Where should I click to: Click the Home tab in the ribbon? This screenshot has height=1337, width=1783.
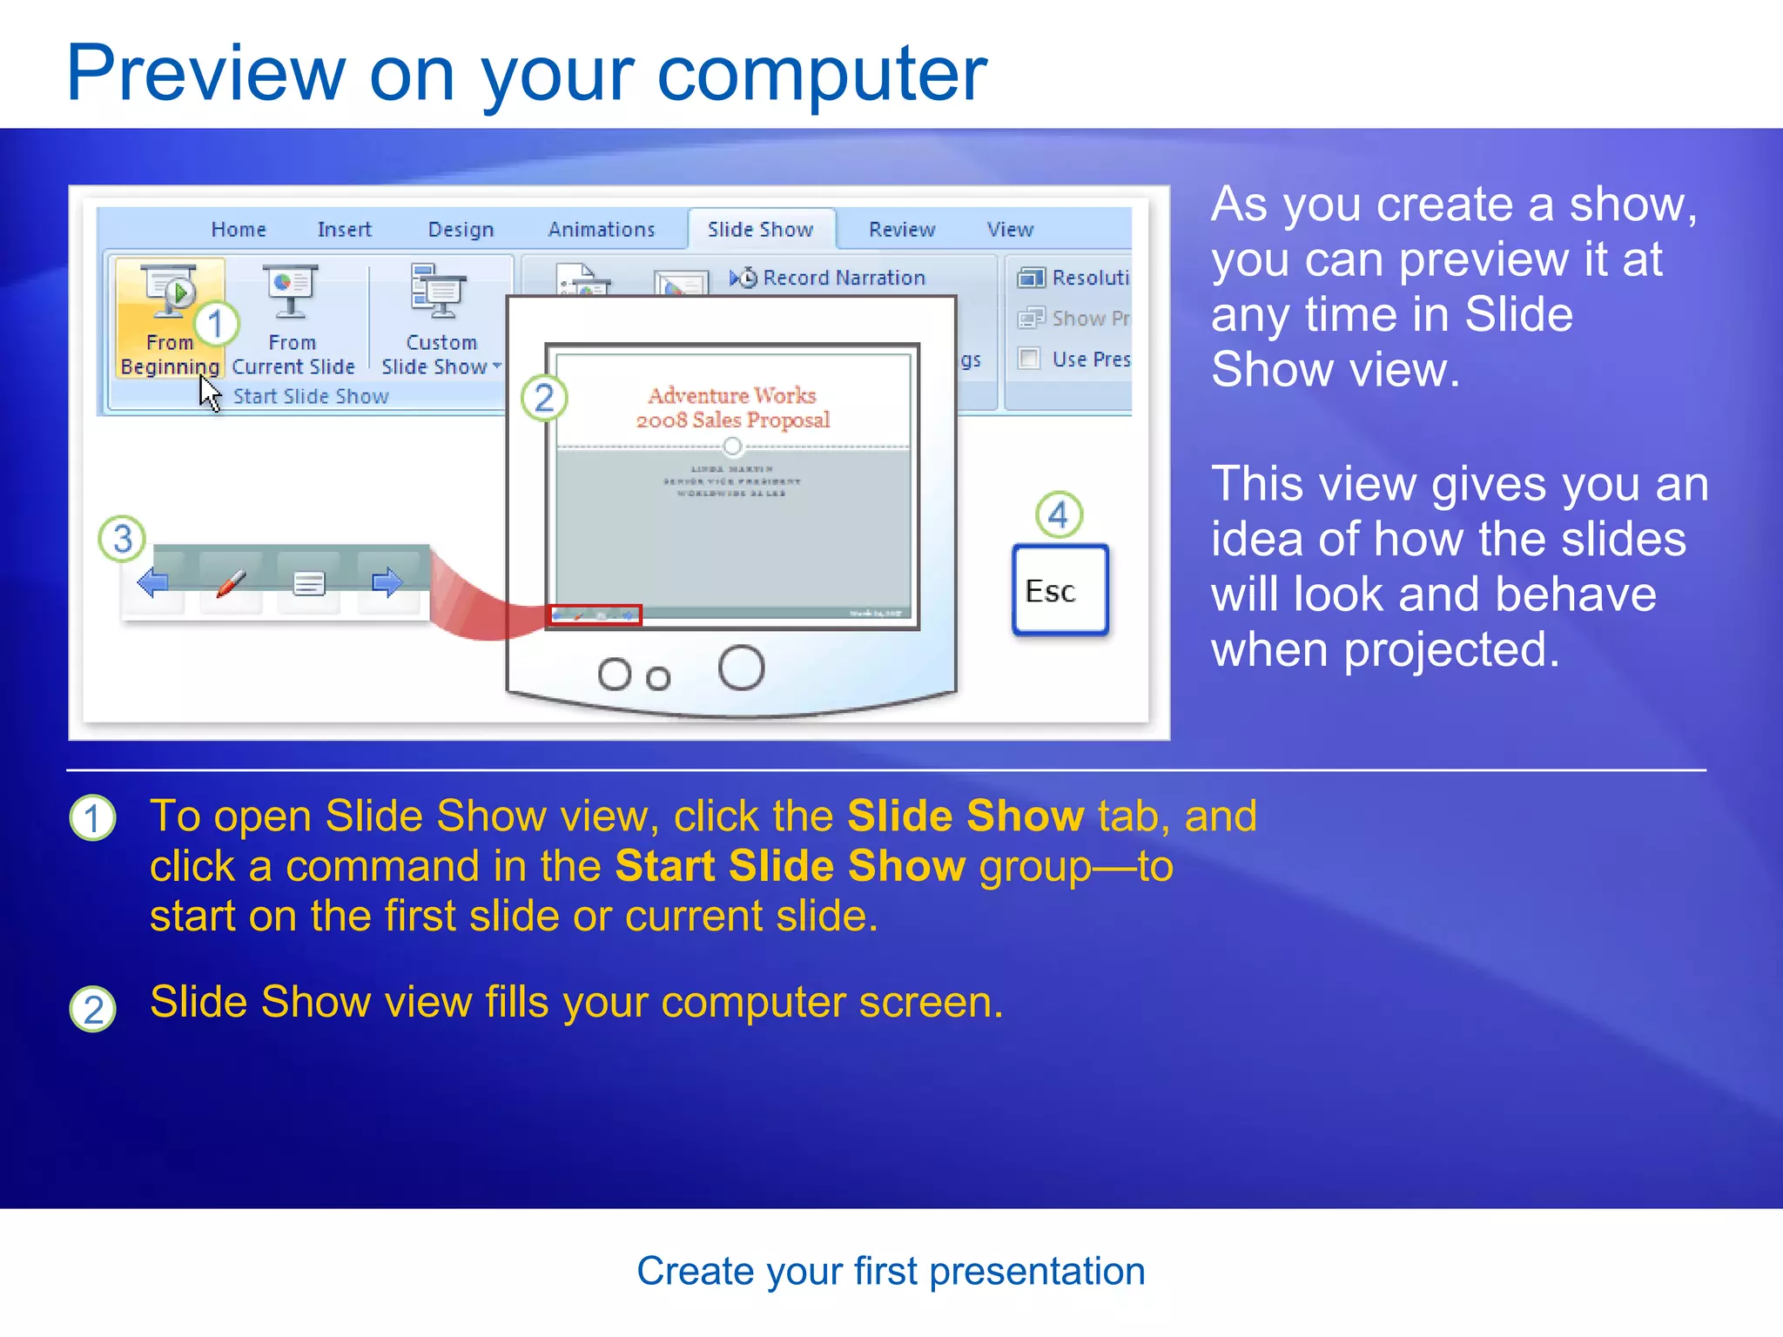pos(238,230)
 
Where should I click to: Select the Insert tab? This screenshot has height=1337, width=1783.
pos(344,230)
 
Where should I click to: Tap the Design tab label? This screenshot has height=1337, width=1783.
pos(461,230)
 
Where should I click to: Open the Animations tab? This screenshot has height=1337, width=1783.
pos(601,230)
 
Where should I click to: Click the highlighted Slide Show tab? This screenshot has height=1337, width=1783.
pos(760,230)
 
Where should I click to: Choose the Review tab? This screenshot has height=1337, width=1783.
pos(901,230)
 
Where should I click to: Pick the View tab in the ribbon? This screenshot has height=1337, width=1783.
pos(1009,230)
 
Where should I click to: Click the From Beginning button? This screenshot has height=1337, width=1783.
pos(170,319)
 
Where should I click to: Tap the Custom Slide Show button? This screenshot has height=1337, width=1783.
pos(441,319)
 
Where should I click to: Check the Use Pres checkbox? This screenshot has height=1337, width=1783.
pos(1029,359)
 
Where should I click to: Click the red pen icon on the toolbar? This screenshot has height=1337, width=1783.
pos(231,582)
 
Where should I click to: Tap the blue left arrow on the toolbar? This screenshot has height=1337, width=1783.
pos(153,582)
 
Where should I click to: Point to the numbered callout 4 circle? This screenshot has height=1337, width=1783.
pos(1059,514)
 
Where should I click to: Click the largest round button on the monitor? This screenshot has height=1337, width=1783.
pos(741,668)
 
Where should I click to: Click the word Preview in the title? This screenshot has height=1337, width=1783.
pos(205,74)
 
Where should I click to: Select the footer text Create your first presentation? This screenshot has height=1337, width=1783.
pos(891,1271)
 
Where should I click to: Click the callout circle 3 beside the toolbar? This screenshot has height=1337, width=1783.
pos(122,538)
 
